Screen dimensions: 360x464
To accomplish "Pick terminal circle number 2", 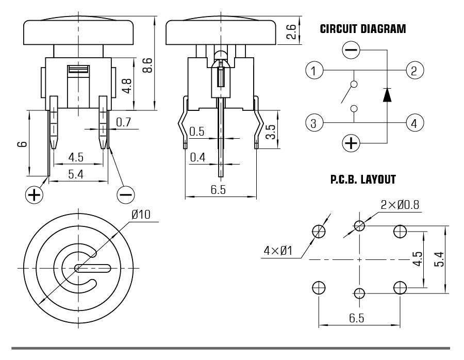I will (x=415, y=69).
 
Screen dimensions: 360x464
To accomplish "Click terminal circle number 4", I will (x=415, y=123).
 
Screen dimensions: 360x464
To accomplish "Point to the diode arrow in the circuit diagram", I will (x=387, y=94).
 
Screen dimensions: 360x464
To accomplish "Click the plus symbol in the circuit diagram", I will (x=352, y=143).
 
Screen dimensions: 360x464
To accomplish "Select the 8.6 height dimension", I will (x=147, y=66).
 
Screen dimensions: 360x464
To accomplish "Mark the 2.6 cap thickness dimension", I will (x=291, y=33).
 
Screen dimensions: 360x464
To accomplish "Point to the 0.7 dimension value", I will (x=124, y=122).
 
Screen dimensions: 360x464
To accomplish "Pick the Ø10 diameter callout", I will (x=141, y=215).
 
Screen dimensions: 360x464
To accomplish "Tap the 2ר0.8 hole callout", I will (x=400, y=204).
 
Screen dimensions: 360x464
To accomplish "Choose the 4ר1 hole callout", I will (x=278, y=251).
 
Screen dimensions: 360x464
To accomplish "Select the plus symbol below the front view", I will (x=34, y=194).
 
